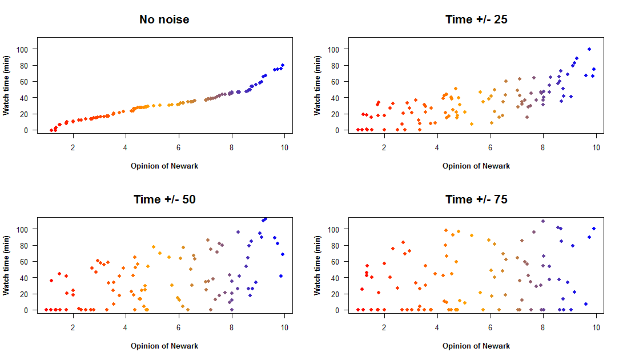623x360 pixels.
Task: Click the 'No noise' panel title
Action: pos(164,19)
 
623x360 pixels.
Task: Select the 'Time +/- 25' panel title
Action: pos(476,19)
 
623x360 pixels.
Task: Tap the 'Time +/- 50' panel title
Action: pos(164,199)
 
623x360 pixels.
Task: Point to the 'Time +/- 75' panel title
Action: pos(476,199)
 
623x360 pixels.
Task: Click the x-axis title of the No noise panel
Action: pos(164,166)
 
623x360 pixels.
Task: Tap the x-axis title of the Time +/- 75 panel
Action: pos(476,346)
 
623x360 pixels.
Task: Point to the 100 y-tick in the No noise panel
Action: pos(22,49)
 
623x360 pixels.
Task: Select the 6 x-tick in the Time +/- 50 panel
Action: pos(179,328)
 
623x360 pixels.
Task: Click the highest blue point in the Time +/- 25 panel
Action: pos(589,49)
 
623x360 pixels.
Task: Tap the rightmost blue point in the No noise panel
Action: pos(283,65)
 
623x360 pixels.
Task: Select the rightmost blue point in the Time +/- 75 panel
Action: pos(594,229)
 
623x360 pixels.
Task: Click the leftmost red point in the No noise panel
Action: pos(51,130)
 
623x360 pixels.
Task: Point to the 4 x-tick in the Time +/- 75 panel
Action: pos(437,328)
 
